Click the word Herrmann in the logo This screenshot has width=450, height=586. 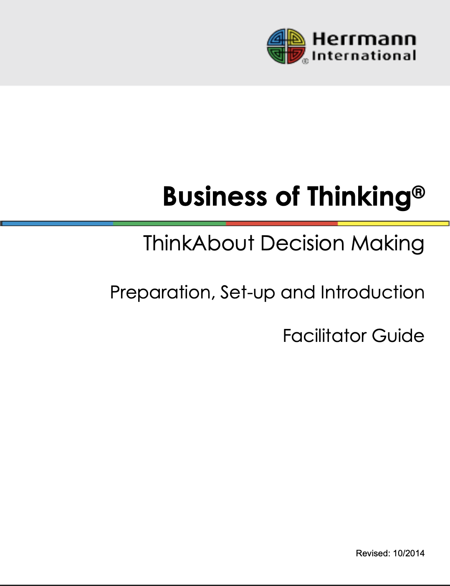[364, 39]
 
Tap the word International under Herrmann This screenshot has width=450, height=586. [364, 56]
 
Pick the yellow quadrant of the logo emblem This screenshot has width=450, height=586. [296, 38]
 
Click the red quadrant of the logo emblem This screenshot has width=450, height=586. [296, 54]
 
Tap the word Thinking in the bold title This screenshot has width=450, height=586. [359, 197]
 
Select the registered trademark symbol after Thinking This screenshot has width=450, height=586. [419, 192]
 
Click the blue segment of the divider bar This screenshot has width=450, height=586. [58, 224]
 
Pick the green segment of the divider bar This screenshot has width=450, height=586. [169, 224]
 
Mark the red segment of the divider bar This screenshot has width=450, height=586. [282, 224]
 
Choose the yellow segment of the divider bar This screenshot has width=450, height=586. [393, 224]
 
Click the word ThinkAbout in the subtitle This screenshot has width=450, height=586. [199, 243]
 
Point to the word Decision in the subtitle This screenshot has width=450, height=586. [302, 243]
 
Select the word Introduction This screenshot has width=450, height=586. [372, 292]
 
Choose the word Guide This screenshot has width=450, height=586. [398, 336]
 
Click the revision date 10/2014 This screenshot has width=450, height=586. [409, 553]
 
